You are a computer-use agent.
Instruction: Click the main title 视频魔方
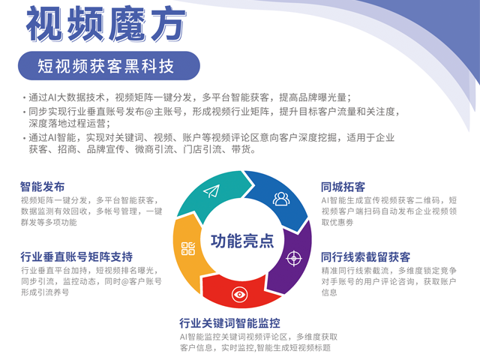pyautogui.click(x=106, y=25)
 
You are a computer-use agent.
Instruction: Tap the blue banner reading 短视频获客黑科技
pyautogui.click(x=109, y=66)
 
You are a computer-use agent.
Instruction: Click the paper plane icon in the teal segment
pyautogui.click(x=211, y=192)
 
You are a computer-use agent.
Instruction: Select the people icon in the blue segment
pyautogui.click(x=281, y=199)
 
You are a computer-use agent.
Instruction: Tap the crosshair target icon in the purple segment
pyautogui.click(x=294, y=258)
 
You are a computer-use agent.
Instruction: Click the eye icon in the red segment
pyautogui.click(x=239, y=295)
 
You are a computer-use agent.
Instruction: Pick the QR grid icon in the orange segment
pyautogui.click(x=188, y=248)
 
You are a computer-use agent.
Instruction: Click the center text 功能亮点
pyautogui.click(x=242, y=241)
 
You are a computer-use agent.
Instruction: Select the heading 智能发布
pyautogui.click(x=43, y=187)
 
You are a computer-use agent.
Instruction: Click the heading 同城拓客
pyautogui.click(x=343, y=187)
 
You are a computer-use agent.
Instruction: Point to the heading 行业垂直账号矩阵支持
pyautogui.click(x=76, y=256)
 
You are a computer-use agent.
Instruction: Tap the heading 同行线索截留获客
pyautogui.click(x=365, y=256)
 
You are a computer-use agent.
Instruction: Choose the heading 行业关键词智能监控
pyautogui.click(x=230, y=323)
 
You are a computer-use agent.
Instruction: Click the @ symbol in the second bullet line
pyautogui.click(x=148, y=112)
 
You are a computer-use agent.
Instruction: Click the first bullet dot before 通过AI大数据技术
pyautogui.click(x=24, y=98)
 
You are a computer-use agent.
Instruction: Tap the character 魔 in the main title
pyautogui.click(x=127, y=25)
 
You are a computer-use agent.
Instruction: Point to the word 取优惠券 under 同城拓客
pyautogui.click(x=337, y=223)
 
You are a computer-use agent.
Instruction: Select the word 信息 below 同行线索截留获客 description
pyautogui.click(x=329, y=292)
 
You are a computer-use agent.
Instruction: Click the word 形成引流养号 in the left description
pyautogui.click(x=45, y=292)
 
